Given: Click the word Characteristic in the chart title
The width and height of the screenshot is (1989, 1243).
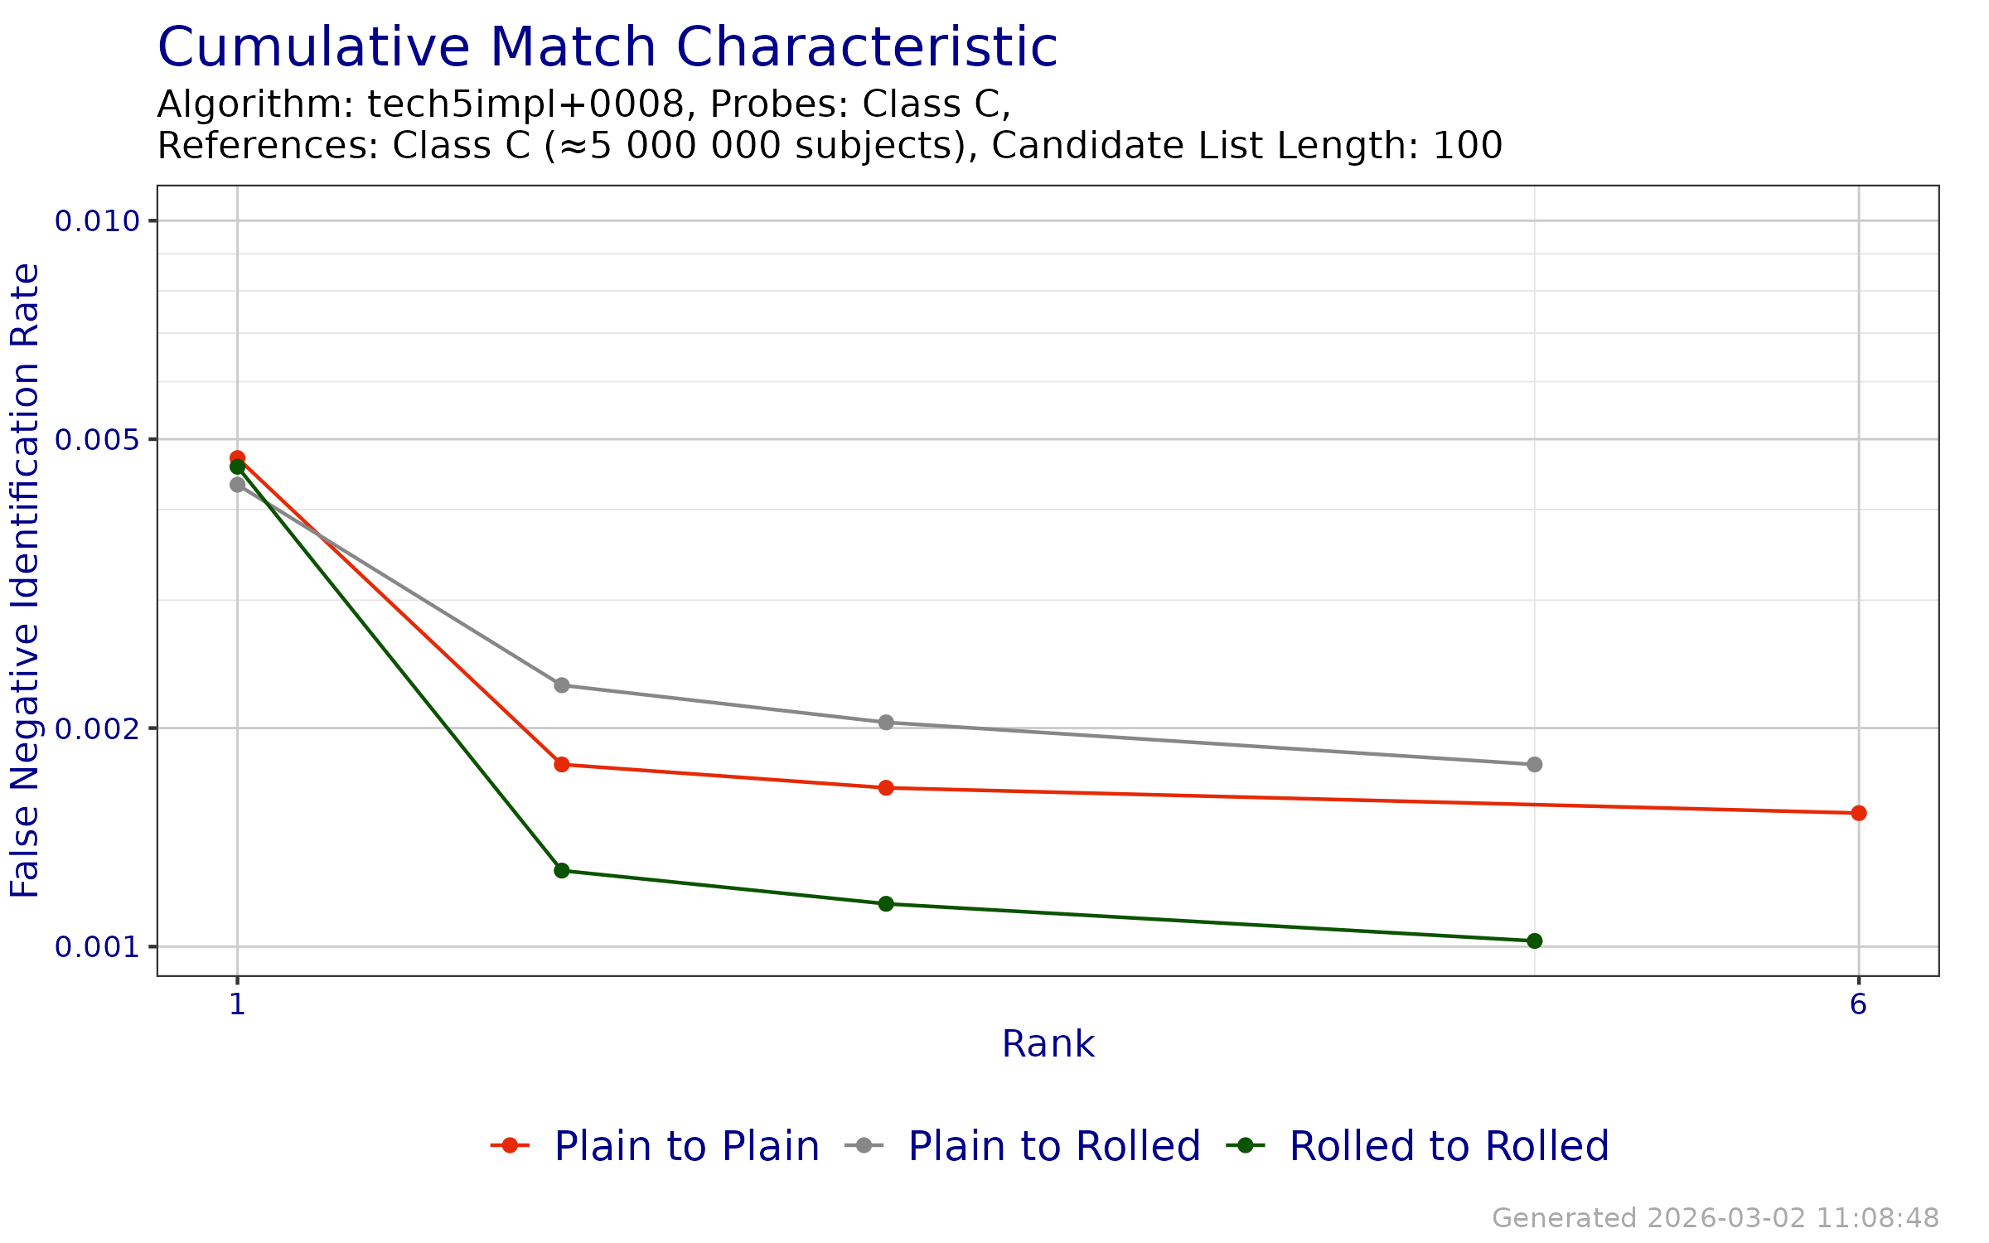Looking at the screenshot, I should (866, 47).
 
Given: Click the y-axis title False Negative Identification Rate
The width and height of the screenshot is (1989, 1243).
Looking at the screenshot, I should (25, 580).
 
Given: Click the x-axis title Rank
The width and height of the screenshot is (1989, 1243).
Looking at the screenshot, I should (1048, 1044).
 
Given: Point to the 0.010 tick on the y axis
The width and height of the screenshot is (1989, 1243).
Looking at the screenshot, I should (96, 221).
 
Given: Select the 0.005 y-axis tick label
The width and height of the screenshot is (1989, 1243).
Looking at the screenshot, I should (96, 439).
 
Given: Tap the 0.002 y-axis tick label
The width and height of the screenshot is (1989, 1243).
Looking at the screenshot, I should (96, 728).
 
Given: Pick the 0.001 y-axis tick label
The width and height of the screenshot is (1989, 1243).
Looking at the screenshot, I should (96, 946).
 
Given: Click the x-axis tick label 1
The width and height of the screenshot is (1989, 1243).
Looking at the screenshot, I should (238, 1004).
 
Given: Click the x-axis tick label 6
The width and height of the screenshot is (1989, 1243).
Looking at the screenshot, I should (1858, 1004).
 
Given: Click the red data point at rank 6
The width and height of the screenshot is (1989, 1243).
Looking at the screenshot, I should (1859, 813).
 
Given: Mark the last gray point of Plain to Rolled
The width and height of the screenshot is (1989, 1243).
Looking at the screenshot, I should (1534, 764).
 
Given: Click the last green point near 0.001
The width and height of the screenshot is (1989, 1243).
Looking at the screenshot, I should (1534, 941).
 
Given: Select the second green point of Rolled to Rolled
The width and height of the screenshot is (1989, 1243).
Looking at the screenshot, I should (562, 870).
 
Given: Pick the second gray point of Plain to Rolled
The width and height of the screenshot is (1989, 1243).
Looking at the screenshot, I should (562, 685).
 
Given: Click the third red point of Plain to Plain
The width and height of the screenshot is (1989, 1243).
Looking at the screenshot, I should (886, 787).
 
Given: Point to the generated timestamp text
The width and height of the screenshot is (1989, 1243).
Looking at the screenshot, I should (1715, 1218).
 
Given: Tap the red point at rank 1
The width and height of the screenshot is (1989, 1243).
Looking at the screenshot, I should (238, 457).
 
